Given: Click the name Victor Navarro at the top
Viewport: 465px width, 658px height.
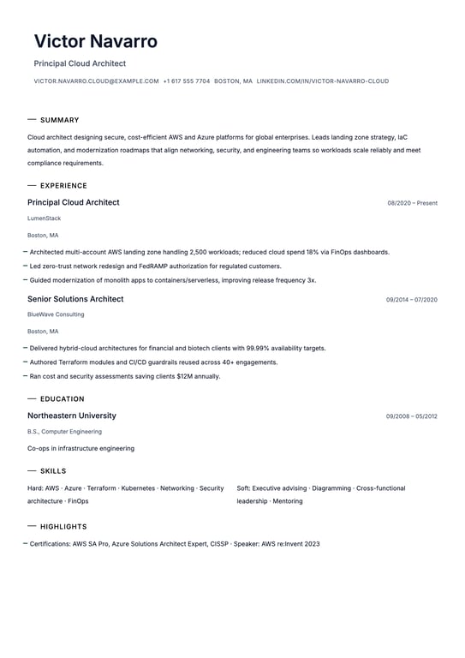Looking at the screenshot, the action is coord(95,41).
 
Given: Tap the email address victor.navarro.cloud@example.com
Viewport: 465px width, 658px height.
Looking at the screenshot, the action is coord(96,81).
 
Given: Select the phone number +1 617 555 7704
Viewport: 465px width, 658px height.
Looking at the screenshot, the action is coord(186,81).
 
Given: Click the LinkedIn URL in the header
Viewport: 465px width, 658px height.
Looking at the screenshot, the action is coord(322,81).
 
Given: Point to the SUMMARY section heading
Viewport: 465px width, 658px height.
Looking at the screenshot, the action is coord(59,120).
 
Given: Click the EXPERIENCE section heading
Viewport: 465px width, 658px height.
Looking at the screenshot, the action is coord(63,186).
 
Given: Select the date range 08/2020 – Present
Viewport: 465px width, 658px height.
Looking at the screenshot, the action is coord(412,203).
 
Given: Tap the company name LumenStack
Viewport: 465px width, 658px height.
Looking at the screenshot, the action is coord(44,218).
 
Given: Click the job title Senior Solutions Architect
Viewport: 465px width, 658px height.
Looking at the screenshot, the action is coord(75,299).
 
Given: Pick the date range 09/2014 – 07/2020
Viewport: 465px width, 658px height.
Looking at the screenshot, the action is coord(411,300).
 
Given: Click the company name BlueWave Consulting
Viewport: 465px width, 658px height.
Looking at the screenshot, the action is coord(56,314).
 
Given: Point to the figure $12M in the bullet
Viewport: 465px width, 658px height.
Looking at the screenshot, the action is coord(184,376).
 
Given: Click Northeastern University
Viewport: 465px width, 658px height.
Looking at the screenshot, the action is coord(72,416).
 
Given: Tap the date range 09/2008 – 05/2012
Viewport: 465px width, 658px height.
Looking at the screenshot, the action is coord(411,416).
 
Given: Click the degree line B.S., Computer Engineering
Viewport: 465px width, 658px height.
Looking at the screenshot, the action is coord(64,432).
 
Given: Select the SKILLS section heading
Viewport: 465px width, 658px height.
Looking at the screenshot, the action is coord(53,471).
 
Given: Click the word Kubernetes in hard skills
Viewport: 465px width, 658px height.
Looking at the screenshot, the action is coord(138,488).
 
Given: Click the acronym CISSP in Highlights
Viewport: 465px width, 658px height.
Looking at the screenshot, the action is coord(219,544).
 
